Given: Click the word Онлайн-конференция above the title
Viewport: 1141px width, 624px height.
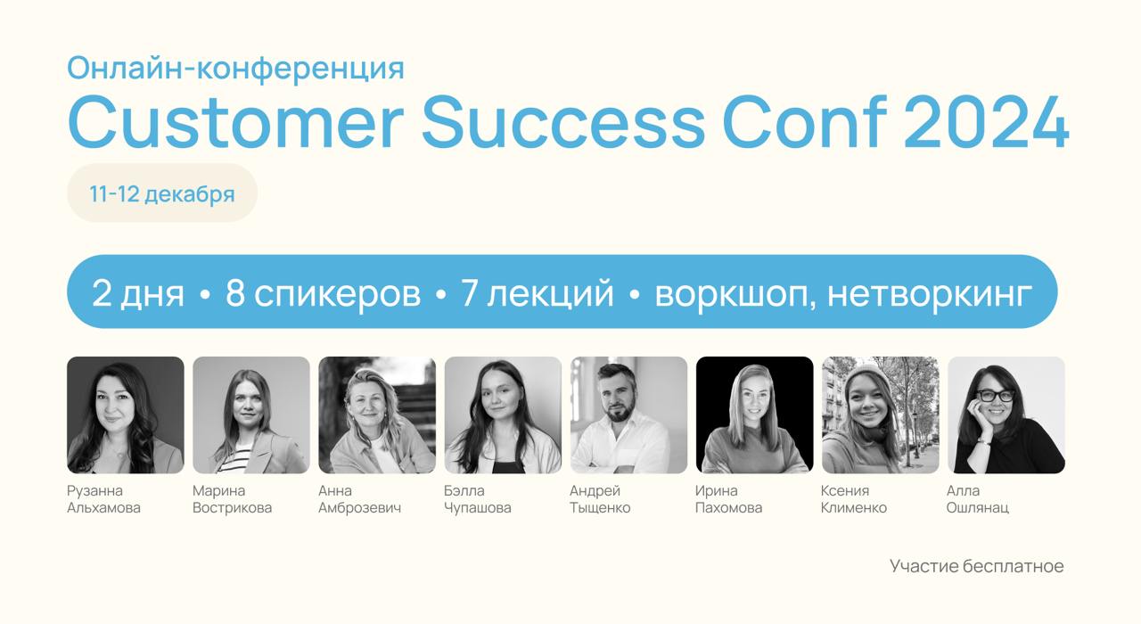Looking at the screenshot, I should click(x=235, y=68).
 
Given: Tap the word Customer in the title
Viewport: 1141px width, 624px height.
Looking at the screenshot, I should click(x=235, y=123).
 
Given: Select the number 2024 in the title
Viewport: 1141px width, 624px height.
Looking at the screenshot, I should click(x=986, y=123).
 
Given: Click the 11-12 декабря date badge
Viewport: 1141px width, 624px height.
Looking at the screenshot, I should click(x=162, y=193).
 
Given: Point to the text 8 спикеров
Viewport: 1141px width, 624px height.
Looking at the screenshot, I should click(x=323, y=293).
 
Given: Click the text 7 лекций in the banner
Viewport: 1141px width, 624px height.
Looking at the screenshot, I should click(x=538, y=293).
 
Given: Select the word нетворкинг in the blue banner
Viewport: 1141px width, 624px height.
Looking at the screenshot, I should click(x=930, y=293).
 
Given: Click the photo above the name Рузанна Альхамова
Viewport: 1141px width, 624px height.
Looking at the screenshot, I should click(x=126, y=415).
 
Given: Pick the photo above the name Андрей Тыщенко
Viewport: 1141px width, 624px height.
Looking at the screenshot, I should click(x=628, y=415).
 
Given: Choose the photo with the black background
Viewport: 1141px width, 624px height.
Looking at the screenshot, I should click(x=754, y=415).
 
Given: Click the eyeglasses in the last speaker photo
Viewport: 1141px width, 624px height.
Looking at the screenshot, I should click(x=996, y=395).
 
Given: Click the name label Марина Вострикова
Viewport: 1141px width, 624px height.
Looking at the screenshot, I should click(x=232, y=499).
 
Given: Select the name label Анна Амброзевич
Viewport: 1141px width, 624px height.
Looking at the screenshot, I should click(x=359, y=499).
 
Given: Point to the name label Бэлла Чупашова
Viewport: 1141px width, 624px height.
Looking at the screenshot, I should click(x=477, y=499).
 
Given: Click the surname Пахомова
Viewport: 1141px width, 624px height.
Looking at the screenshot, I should click(x=728, y=508).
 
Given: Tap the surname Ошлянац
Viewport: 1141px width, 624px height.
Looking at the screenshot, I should click(x=978, y=508).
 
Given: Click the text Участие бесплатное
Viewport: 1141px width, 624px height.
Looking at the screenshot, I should click(x=976, y=566).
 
